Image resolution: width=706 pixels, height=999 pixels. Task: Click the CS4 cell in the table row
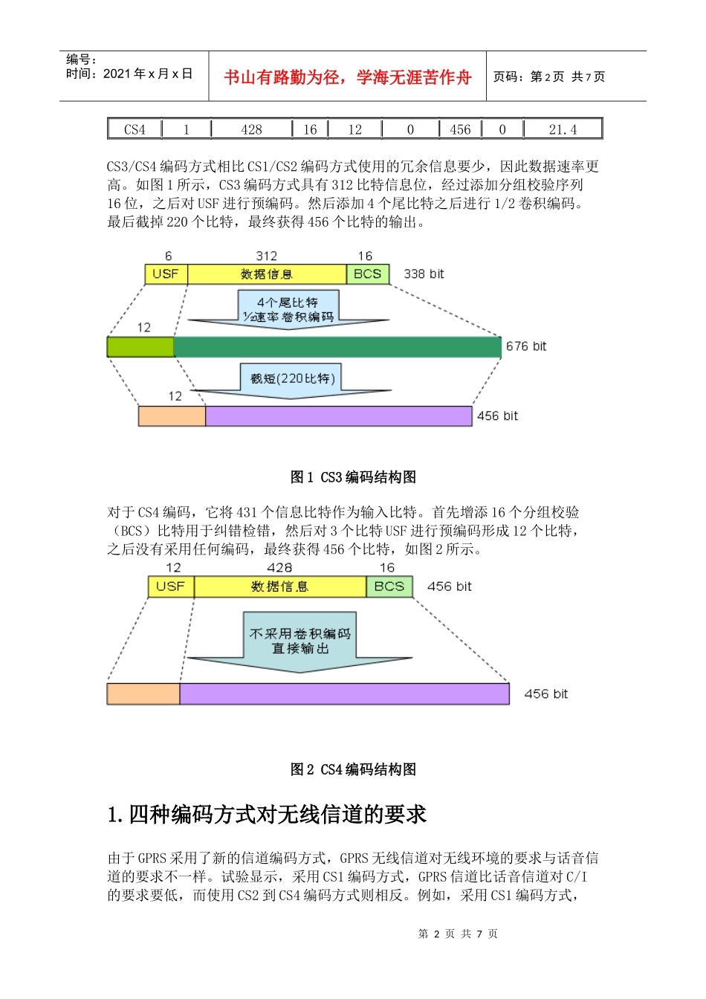coord(135,129)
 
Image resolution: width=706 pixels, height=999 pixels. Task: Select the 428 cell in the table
coord(251,129)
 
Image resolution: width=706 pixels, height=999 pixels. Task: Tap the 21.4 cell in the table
coord(563,129)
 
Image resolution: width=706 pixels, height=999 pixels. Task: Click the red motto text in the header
coord(347,77)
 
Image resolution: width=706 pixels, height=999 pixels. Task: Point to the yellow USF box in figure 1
coord(166,274)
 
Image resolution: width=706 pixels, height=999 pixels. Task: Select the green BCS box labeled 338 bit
coord(367,274)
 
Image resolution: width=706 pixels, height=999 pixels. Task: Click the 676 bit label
coord(526,346)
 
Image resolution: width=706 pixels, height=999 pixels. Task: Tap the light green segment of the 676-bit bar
coord(140,347)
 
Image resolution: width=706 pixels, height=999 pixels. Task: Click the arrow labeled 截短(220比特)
coord(292,381)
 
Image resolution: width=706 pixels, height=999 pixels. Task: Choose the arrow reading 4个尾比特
coord(288,309)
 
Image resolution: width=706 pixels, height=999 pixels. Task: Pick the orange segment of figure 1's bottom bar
coord(172,416)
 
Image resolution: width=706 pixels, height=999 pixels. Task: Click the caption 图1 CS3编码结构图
coord(353,477)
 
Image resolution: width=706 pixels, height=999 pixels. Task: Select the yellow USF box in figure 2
coord(171,586)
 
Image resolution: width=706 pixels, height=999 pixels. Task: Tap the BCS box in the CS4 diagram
coord(389,586)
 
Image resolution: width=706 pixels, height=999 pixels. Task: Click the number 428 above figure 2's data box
coord(279,568)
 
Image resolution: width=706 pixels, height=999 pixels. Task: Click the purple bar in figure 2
coord(344,694)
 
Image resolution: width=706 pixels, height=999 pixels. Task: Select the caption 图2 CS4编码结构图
coord(353,769)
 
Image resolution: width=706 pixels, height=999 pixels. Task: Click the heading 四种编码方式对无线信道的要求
coord(268,815)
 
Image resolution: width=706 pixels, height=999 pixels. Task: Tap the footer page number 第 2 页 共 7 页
coord(458,934)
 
